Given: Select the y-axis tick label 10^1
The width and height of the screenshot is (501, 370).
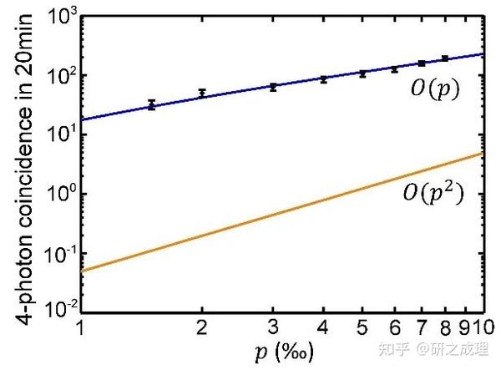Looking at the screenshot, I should click(x=61, y=135).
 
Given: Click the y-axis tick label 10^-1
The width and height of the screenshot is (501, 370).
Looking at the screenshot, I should click(x=59, y=252).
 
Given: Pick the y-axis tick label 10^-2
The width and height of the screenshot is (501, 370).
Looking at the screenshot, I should click(x=59, y=310).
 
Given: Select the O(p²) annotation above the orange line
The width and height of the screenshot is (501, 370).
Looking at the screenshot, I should click(x=432, y=195).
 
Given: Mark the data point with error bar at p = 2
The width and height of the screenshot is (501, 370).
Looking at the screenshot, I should click(x=201, y=93).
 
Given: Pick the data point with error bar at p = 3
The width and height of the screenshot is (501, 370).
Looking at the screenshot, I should click(x=273, y=86).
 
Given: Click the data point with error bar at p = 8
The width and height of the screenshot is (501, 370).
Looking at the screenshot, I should click(x=445, y=58).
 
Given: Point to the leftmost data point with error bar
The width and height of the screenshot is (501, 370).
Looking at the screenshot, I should click(x=151, y=105).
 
